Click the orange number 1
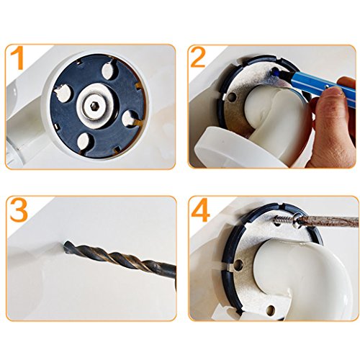point(17,58)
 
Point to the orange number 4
point(201,210)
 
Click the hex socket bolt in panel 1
point(94,105)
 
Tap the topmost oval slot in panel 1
point(109,70)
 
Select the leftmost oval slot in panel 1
point(63,94)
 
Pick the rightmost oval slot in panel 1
point(130,119)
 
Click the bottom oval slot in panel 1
point(84,141)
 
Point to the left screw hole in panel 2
point(233,96)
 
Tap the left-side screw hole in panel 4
point(239,264)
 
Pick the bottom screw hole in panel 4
point(271,310)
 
